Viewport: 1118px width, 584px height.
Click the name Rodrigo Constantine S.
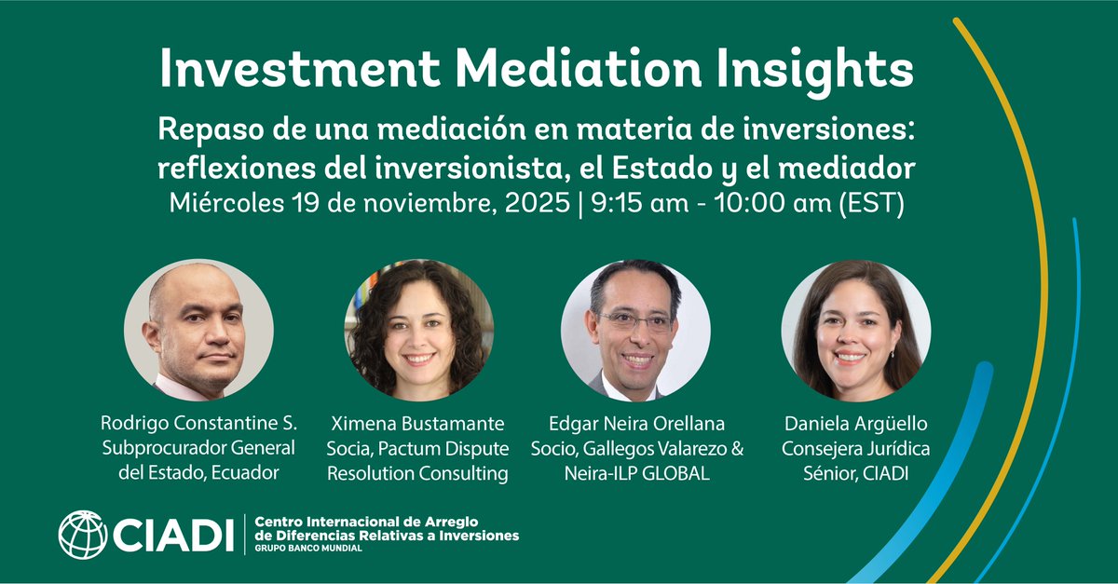point(198,422)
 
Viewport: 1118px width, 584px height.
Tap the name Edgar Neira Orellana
point(637,422)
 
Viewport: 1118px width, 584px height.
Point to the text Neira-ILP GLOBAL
point(637,474)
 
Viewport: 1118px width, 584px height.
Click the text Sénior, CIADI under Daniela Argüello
point(855,474)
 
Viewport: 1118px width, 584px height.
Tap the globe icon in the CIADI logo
point(82,535)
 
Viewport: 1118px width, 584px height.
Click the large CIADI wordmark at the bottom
point(173,535)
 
